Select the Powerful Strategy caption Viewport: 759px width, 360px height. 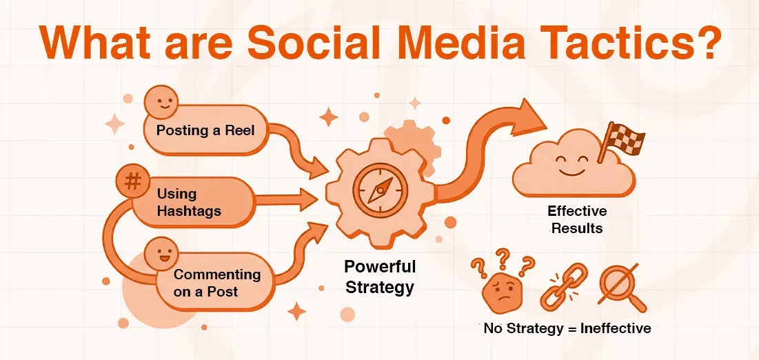(380, 276)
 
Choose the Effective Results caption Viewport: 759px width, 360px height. (577, 219)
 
